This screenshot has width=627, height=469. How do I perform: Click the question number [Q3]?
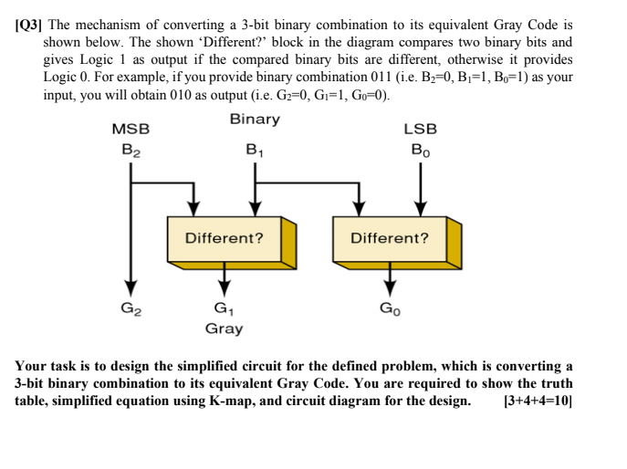[x=35, y=26]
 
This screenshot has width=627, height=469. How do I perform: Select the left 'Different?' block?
[x=225, y=238]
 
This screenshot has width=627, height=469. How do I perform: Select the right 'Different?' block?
[x=390, y=238]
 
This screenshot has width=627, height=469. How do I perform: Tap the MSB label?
[x=131, y=130]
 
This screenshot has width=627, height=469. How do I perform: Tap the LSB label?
[x=420, y=130]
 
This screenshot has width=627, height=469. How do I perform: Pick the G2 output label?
[x=131, y=307]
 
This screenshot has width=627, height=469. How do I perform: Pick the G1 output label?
[x=223, y=308]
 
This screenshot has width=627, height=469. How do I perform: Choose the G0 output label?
[x=390, y=307]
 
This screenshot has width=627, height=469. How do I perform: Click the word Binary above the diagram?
[x=255, y=120]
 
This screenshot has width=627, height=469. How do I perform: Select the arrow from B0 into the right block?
[x=420, y=187]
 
